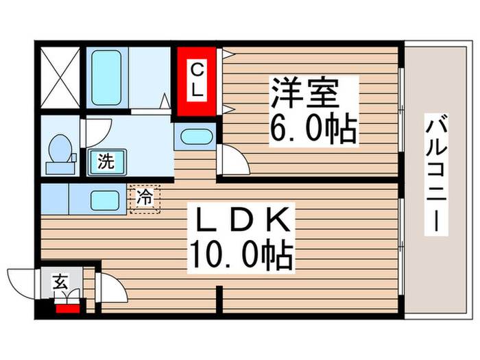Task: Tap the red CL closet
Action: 197,81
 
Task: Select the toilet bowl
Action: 60,152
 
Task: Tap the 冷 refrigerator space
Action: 145,198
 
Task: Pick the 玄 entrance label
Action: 60,281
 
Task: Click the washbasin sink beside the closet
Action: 197,136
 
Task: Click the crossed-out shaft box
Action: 60,77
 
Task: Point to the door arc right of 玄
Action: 110,287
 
